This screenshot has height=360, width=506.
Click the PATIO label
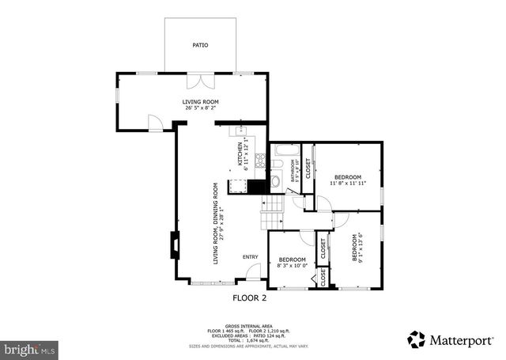(x=201, y=46)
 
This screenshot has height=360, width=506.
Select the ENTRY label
(x=251, y=256)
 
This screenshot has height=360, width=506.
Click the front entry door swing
(x=253, y=272)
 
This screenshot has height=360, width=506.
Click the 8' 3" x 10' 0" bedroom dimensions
(x=292, y=266)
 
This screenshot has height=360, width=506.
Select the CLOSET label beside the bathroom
(x=308, y=167)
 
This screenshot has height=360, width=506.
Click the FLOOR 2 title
(x=249, y=298)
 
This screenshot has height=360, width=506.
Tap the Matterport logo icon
(x=417, y=339)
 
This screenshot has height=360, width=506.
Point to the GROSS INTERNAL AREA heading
(x=249, y=324)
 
